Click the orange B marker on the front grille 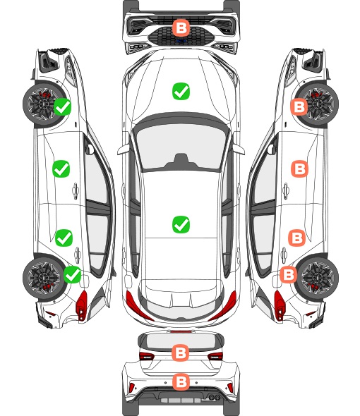click(181, 27)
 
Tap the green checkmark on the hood click(181, 91)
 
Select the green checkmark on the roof click(181, 224)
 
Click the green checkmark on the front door click(61, 169)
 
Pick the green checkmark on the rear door click(64, 238)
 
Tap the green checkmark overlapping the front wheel click(62, 106)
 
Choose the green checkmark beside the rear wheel click(73, 274)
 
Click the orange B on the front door click(300, 169)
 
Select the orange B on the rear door click(296, 238)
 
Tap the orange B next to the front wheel click(299, 106)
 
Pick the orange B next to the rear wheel click(289, 274)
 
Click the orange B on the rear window click(181, 353)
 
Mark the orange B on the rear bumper click(181, 382)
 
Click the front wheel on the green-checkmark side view click(43, 104)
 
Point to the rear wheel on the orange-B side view click(318, 278)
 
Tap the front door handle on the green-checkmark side click(76, 190)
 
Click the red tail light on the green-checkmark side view click(82, 305)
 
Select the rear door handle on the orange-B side click(284, 255)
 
